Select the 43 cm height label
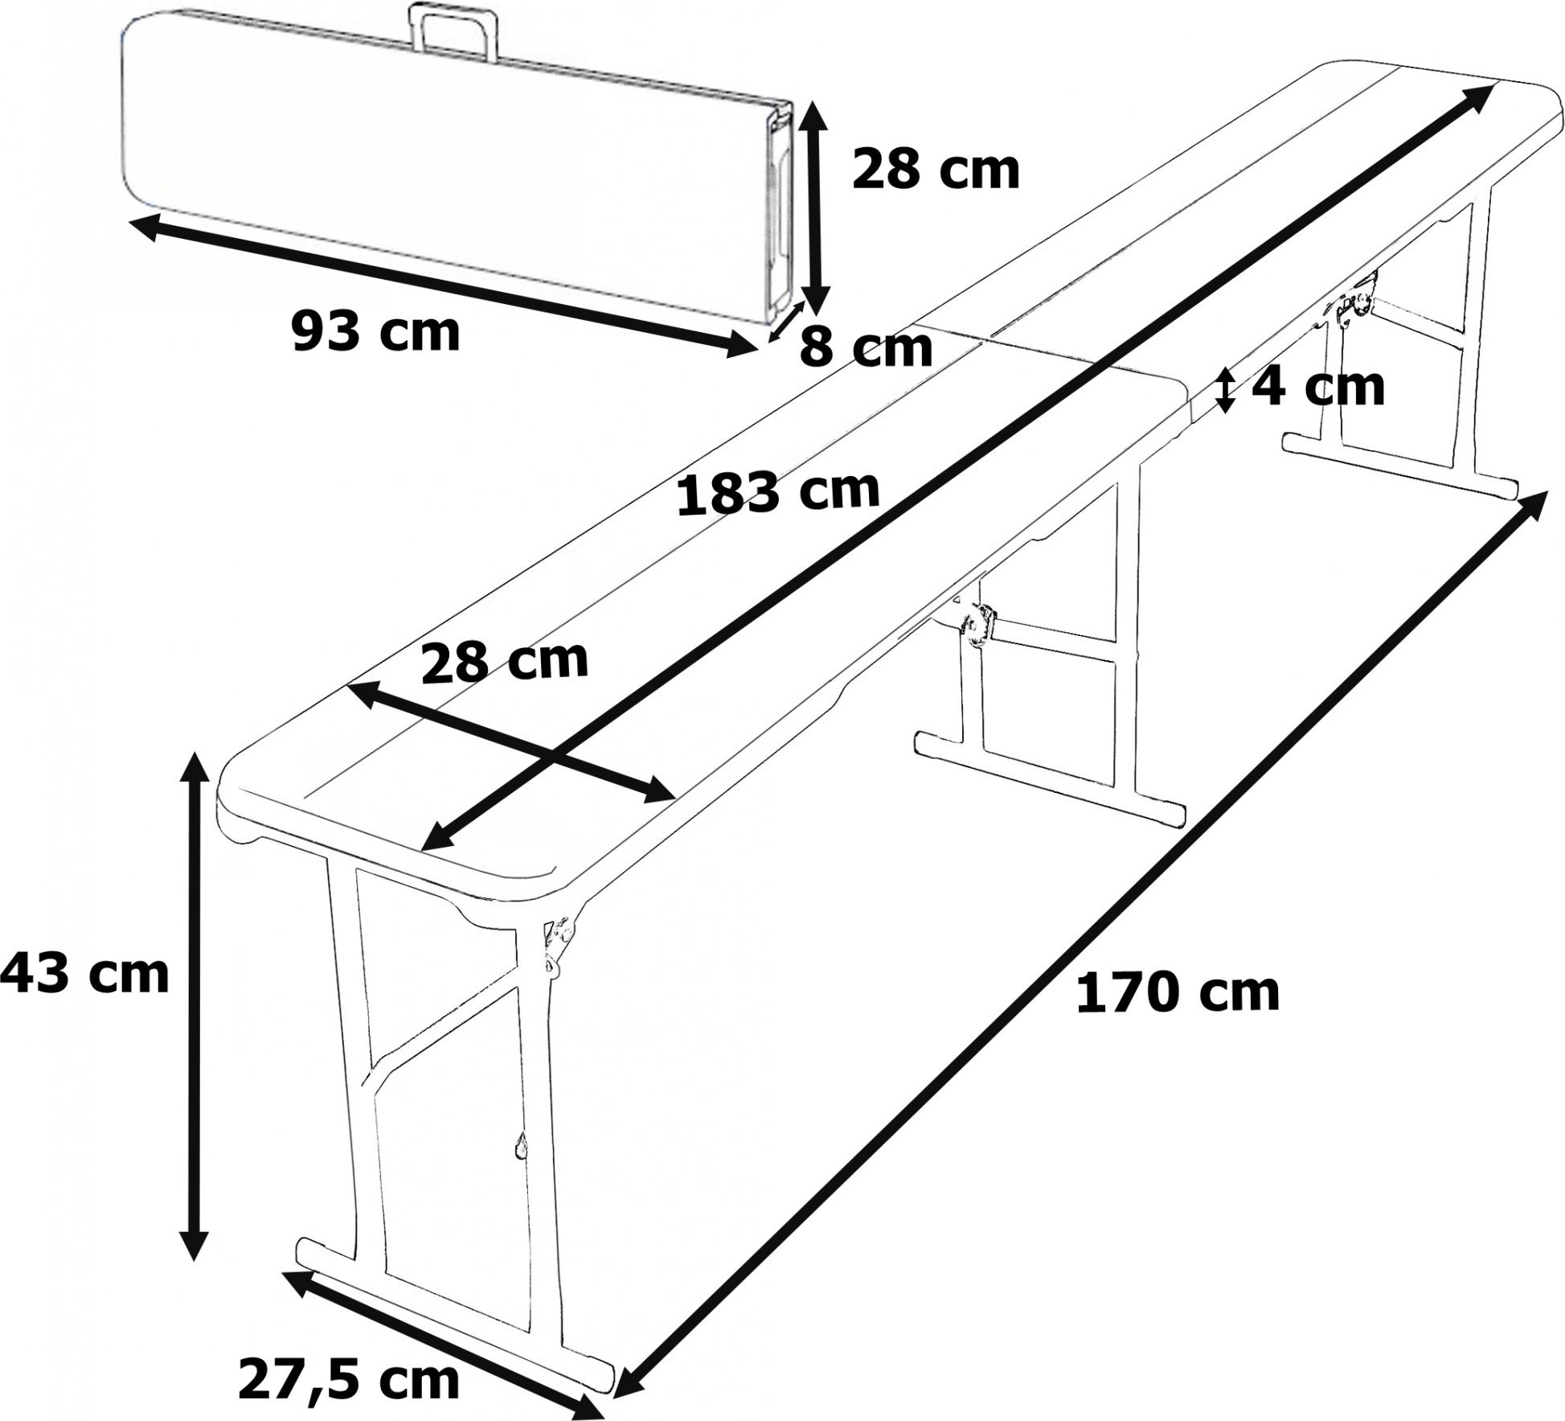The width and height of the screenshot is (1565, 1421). click(84, 975)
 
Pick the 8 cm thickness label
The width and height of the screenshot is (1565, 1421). click(866, 347)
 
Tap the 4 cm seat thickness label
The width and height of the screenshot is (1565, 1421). click(1318, 388)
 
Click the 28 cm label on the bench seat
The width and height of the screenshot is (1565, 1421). click(505, 660)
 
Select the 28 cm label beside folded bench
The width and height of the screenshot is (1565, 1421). click(936, 170)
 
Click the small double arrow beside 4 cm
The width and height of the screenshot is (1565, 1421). click(1224, 390)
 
